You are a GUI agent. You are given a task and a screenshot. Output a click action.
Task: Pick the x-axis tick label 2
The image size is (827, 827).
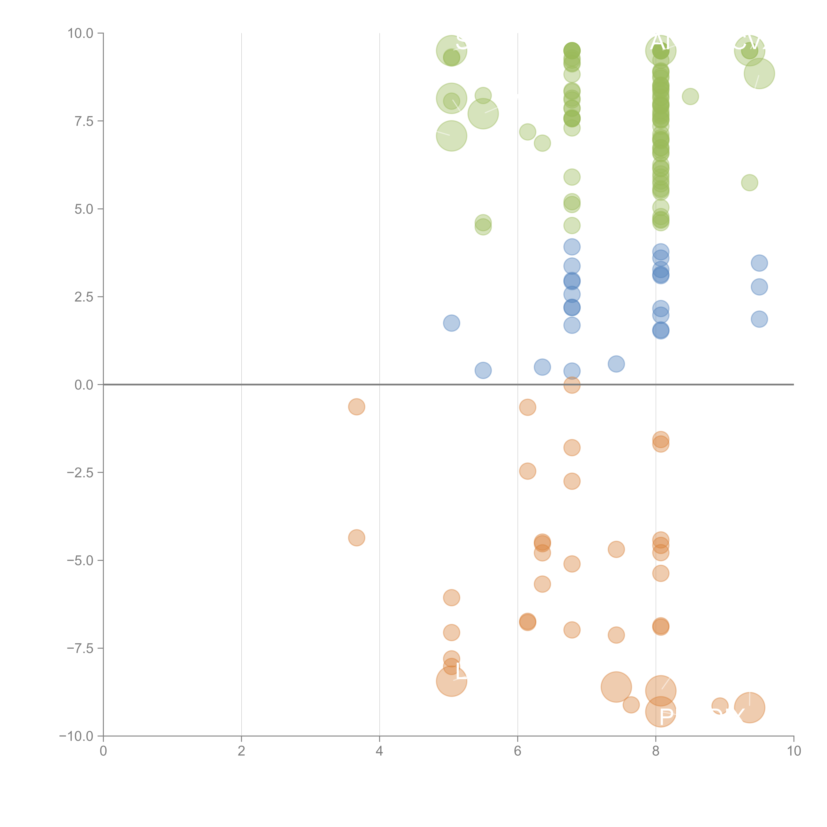point(241,751)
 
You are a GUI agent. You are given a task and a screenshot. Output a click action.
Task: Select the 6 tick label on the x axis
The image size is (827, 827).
point(518,751)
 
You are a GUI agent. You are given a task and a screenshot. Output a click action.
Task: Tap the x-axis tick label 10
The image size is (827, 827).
point(794,751)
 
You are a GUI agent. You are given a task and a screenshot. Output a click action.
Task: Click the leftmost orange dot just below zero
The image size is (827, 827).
point(357,407)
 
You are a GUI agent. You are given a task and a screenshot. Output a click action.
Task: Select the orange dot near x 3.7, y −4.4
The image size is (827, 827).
point(357,538)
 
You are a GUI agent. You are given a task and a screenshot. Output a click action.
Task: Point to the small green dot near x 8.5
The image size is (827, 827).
point(690,96)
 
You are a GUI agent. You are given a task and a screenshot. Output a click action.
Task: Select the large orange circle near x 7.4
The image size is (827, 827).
point(616,687)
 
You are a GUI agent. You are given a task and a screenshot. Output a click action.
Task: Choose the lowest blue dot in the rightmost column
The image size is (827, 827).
point(759,319)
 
